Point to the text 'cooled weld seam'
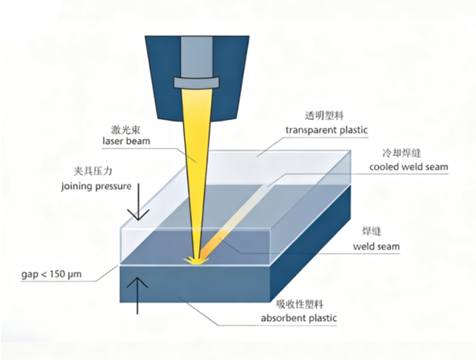point(408,167)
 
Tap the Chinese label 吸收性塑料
point(296,304)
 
